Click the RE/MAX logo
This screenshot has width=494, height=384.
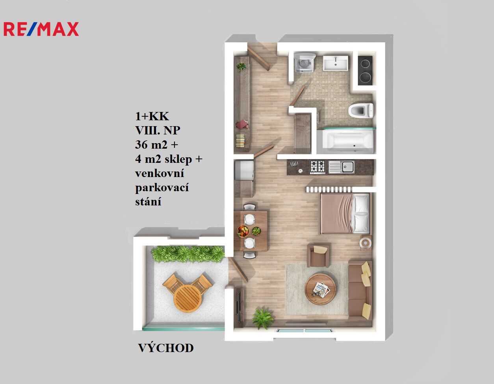pyautogui.click(x=41, y=29)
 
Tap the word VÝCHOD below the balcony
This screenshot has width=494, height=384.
pyautogui.click(x=166, y=348)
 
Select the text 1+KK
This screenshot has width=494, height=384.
pyautogui.click(x=152, y=116)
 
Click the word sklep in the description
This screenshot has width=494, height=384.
pyautogui.click(x=178, y=159)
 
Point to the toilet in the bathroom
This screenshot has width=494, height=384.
pyautogui.click(x=360, y=110)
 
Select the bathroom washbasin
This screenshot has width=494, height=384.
pyautogui.click(x=336, y=63)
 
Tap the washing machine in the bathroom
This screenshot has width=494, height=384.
pyautogui.click(x=305, y=63)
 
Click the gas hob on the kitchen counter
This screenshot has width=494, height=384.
pyautogui.click(x=318, y=167)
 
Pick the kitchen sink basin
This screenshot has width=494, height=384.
pyautogui.click(x=347, y=166)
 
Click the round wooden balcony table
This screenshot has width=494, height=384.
pyautogui.click(x=188, y=298)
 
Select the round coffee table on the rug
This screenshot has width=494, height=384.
pyautogui.click(x=321, y=289)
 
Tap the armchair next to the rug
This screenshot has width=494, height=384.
pyautogui.click(x=318, y=256)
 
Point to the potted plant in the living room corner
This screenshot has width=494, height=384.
pyautogui.click(x=263, y=318)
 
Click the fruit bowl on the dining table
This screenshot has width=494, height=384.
pyautogui.click(x=243, y=231)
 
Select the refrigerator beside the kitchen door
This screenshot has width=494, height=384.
pyautogui.click(x=244, y=170)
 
